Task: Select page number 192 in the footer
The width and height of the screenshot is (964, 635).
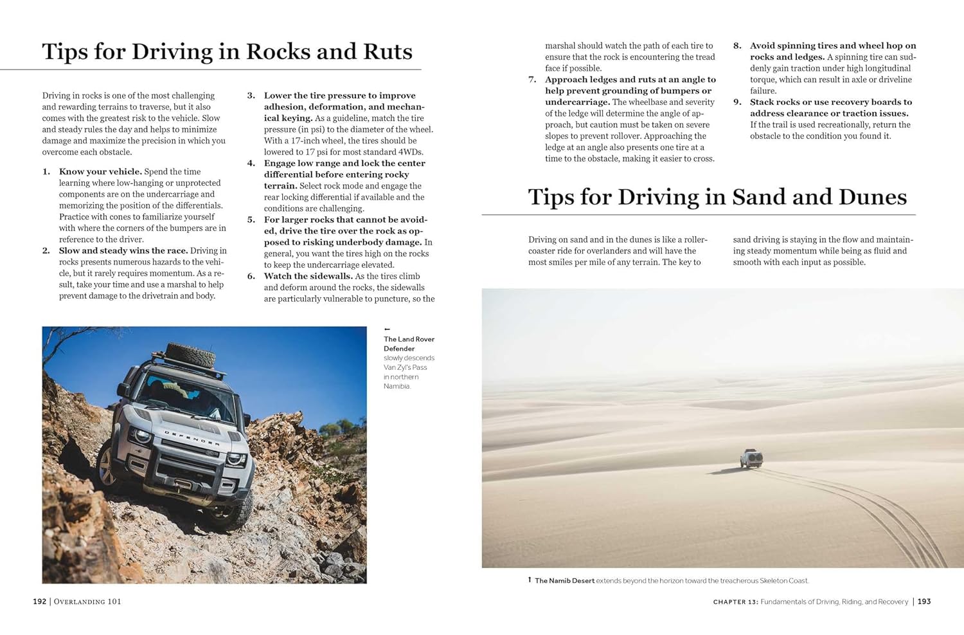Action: (40, 602)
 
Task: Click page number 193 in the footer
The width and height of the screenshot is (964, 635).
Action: (924, 602)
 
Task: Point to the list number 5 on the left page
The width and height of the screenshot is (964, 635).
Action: (251, 220)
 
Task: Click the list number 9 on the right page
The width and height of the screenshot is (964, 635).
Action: (737, 102)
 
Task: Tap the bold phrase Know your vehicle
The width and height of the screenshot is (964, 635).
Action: (100, 172)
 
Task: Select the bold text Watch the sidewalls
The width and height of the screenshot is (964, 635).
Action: (308, 277)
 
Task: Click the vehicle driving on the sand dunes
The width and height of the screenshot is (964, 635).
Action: (751, 458)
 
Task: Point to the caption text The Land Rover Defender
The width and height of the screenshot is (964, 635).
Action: (409, 344)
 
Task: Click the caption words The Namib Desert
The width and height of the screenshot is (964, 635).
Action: (564, 581)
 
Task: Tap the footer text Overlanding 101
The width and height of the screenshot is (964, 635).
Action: (87, 602)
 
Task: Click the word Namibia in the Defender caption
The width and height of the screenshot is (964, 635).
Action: (397, 386)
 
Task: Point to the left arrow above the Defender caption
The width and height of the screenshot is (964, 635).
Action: (387, 329)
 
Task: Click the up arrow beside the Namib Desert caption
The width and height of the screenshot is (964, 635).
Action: (530, 580)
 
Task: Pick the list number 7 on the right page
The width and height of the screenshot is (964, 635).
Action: (532, 80)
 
